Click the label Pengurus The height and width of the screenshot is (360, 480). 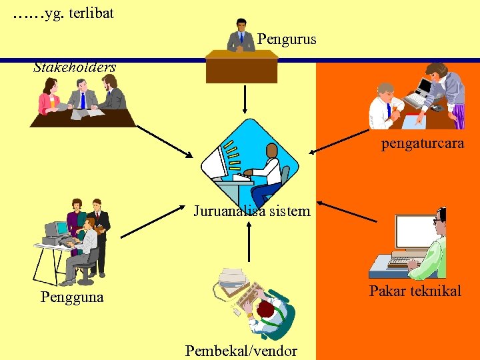point(287,39)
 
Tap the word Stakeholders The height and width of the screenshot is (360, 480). point(75,67)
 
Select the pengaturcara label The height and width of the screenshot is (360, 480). point(423,143)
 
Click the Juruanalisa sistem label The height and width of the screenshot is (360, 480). point(252,211)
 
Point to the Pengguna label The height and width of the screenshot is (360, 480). point(72,297)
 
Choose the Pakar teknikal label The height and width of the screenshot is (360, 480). point(415,291)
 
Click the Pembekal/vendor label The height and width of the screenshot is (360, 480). point(241,351)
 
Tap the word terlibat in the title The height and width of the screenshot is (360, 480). point(90,13)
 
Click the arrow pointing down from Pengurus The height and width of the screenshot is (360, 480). point(245,99)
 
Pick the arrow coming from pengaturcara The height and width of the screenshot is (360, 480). point(346,139)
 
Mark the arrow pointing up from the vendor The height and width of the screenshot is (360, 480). point(249,241)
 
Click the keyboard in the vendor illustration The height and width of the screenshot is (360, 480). point(249,294)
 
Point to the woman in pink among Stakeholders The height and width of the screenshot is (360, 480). point(49,97)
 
